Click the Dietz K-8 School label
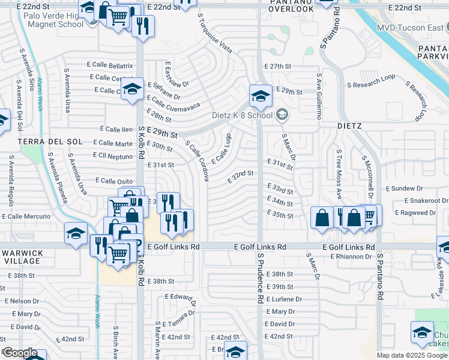click(242, 115)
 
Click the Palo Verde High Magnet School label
click(54, 20)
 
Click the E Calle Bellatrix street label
click(112, 65)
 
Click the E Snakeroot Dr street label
click(426, 200)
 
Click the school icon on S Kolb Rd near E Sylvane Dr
click(131, 89)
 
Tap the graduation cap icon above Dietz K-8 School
click(261, 95)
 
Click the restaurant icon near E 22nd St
click(143, 26)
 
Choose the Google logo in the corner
click(20, 353)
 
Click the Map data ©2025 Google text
click(412, 355)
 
